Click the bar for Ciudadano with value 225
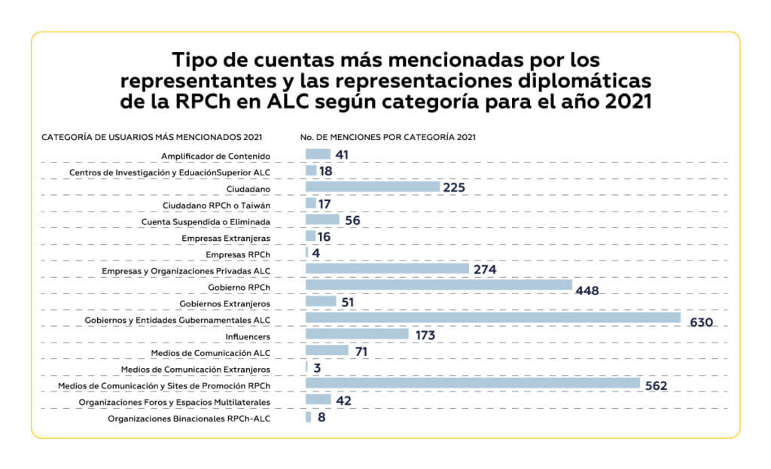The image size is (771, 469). (372, 187)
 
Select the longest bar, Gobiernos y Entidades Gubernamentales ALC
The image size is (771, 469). (492, 318)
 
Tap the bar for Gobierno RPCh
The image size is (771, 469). (439, 285)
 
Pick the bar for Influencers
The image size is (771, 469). (357, 333)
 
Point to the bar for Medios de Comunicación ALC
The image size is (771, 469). (327, 350)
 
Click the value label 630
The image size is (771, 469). (700, 323)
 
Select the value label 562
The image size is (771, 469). (657, 385)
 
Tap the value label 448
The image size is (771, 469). (587, 291)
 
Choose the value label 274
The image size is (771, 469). (484, 269)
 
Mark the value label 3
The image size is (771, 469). (317, 368)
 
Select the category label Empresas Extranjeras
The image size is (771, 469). (226, 238)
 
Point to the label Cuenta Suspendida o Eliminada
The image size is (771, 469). (206, 221)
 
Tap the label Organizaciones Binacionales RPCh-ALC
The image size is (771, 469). (189, 418)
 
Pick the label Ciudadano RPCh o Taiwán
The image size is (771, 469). (216, 205)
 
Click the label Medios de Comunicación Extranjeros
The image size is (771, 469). (195, 369)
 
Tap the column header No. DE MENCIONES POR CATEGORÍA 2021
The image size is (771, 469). (387, 137)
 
